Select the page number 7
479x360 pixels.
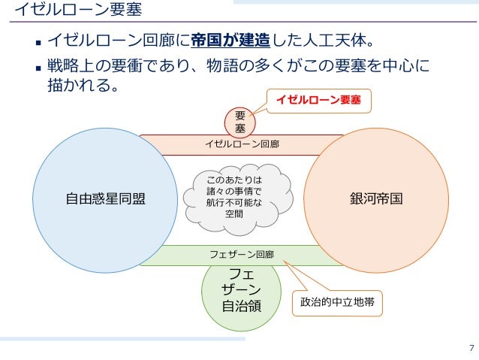coord(471,347)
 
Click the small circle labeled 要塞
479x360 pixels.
coord(240,123)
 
